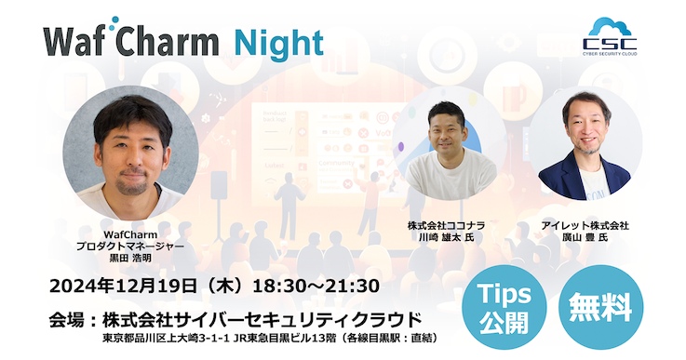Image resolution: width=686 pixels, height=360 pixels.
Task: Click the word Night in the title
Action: click(278, 42)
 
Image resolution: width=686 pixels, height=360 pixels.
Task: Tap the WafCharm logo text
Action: click(130, 42)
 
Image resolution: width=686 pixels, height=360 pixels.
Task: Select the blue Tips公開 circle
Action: click(504, 306)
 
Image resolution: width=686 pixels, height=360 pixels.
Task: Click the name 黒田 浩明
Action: click(130, 259)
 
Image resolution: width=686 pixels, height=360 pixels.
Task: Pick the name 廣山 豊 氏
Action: click(586, 238)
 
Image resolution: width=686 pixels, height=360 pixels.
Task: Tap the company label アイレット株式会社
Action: click(586, 226)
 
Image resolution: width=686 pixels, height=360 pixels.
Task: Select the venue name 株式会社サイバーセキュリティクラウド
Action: click(269, 319)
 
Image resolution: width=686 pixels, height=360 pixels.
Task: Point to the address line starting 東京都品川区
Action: click(270, 337)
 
